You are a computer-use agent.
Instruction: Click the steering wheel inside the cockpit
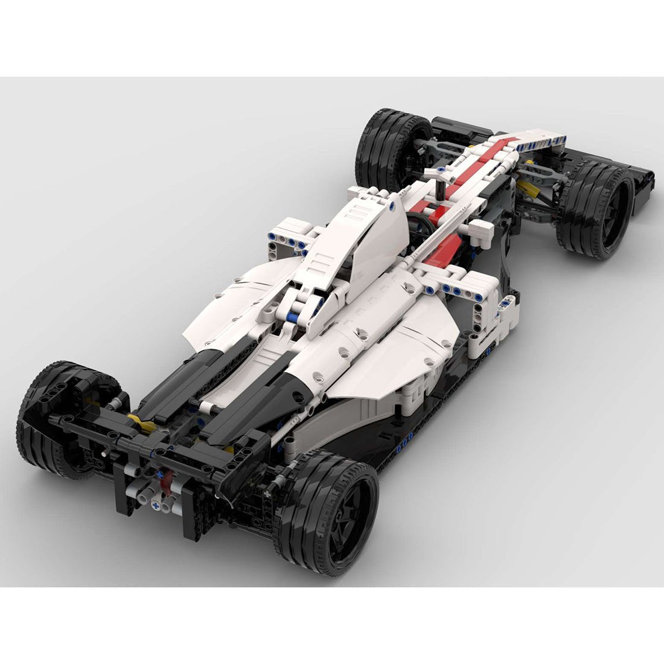423,226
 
